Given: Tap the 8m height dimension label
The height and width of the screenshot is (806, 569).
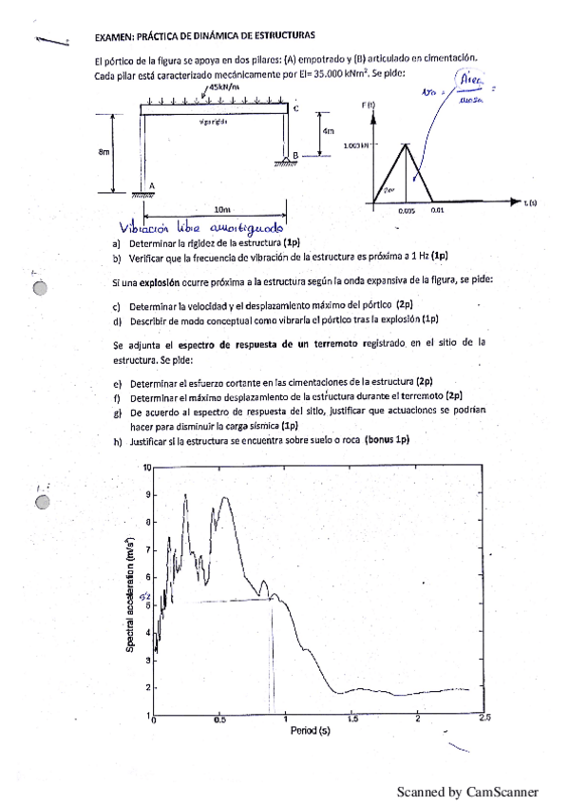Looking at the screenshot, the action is (103, 152).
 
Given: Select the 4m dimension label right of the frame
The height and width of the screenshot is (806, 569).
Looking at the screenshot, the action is (328, 131).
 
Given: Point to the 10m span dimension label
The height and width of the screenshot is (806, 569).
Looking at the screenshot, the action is (222, 209).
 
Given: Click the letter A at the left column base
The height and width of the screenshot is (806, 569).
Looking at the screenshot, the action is (153, 186).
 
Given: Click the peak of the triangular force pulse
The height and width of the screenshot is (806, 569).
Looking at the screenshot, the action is (407, 144).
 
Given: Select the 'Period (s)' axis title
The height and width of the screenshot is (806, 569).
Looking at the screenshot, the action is (311, 731).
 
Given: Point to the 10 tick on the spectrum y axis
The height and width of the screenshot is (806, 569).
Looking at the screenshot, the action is (147, 468).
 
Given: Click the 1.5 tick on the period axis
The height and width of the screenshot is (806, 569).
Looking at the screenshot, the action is (353, 720).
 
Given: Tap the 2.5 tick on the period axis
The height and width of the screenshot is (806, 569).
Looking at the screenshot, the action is (484, 720).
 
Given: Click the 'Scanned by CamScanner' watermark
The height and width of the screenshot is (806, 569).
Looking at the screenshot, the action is (467, 791).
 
